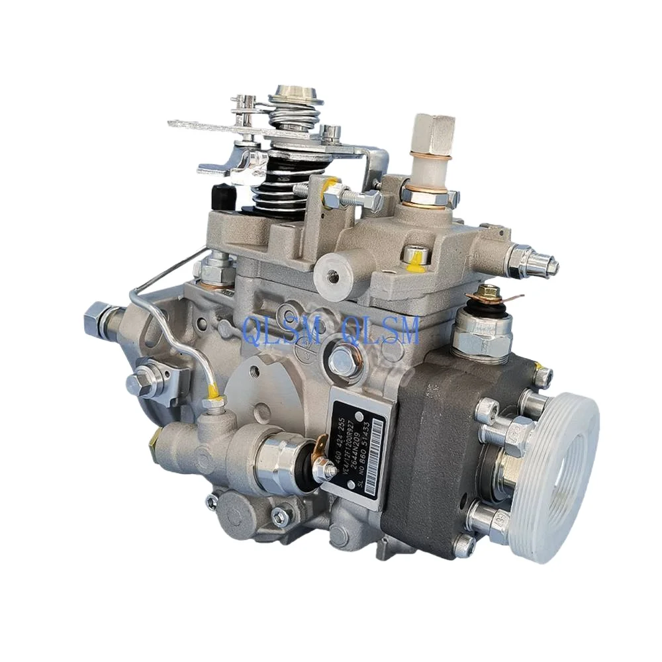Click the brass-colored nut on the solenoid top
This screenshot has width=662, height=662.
point(488,291)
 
